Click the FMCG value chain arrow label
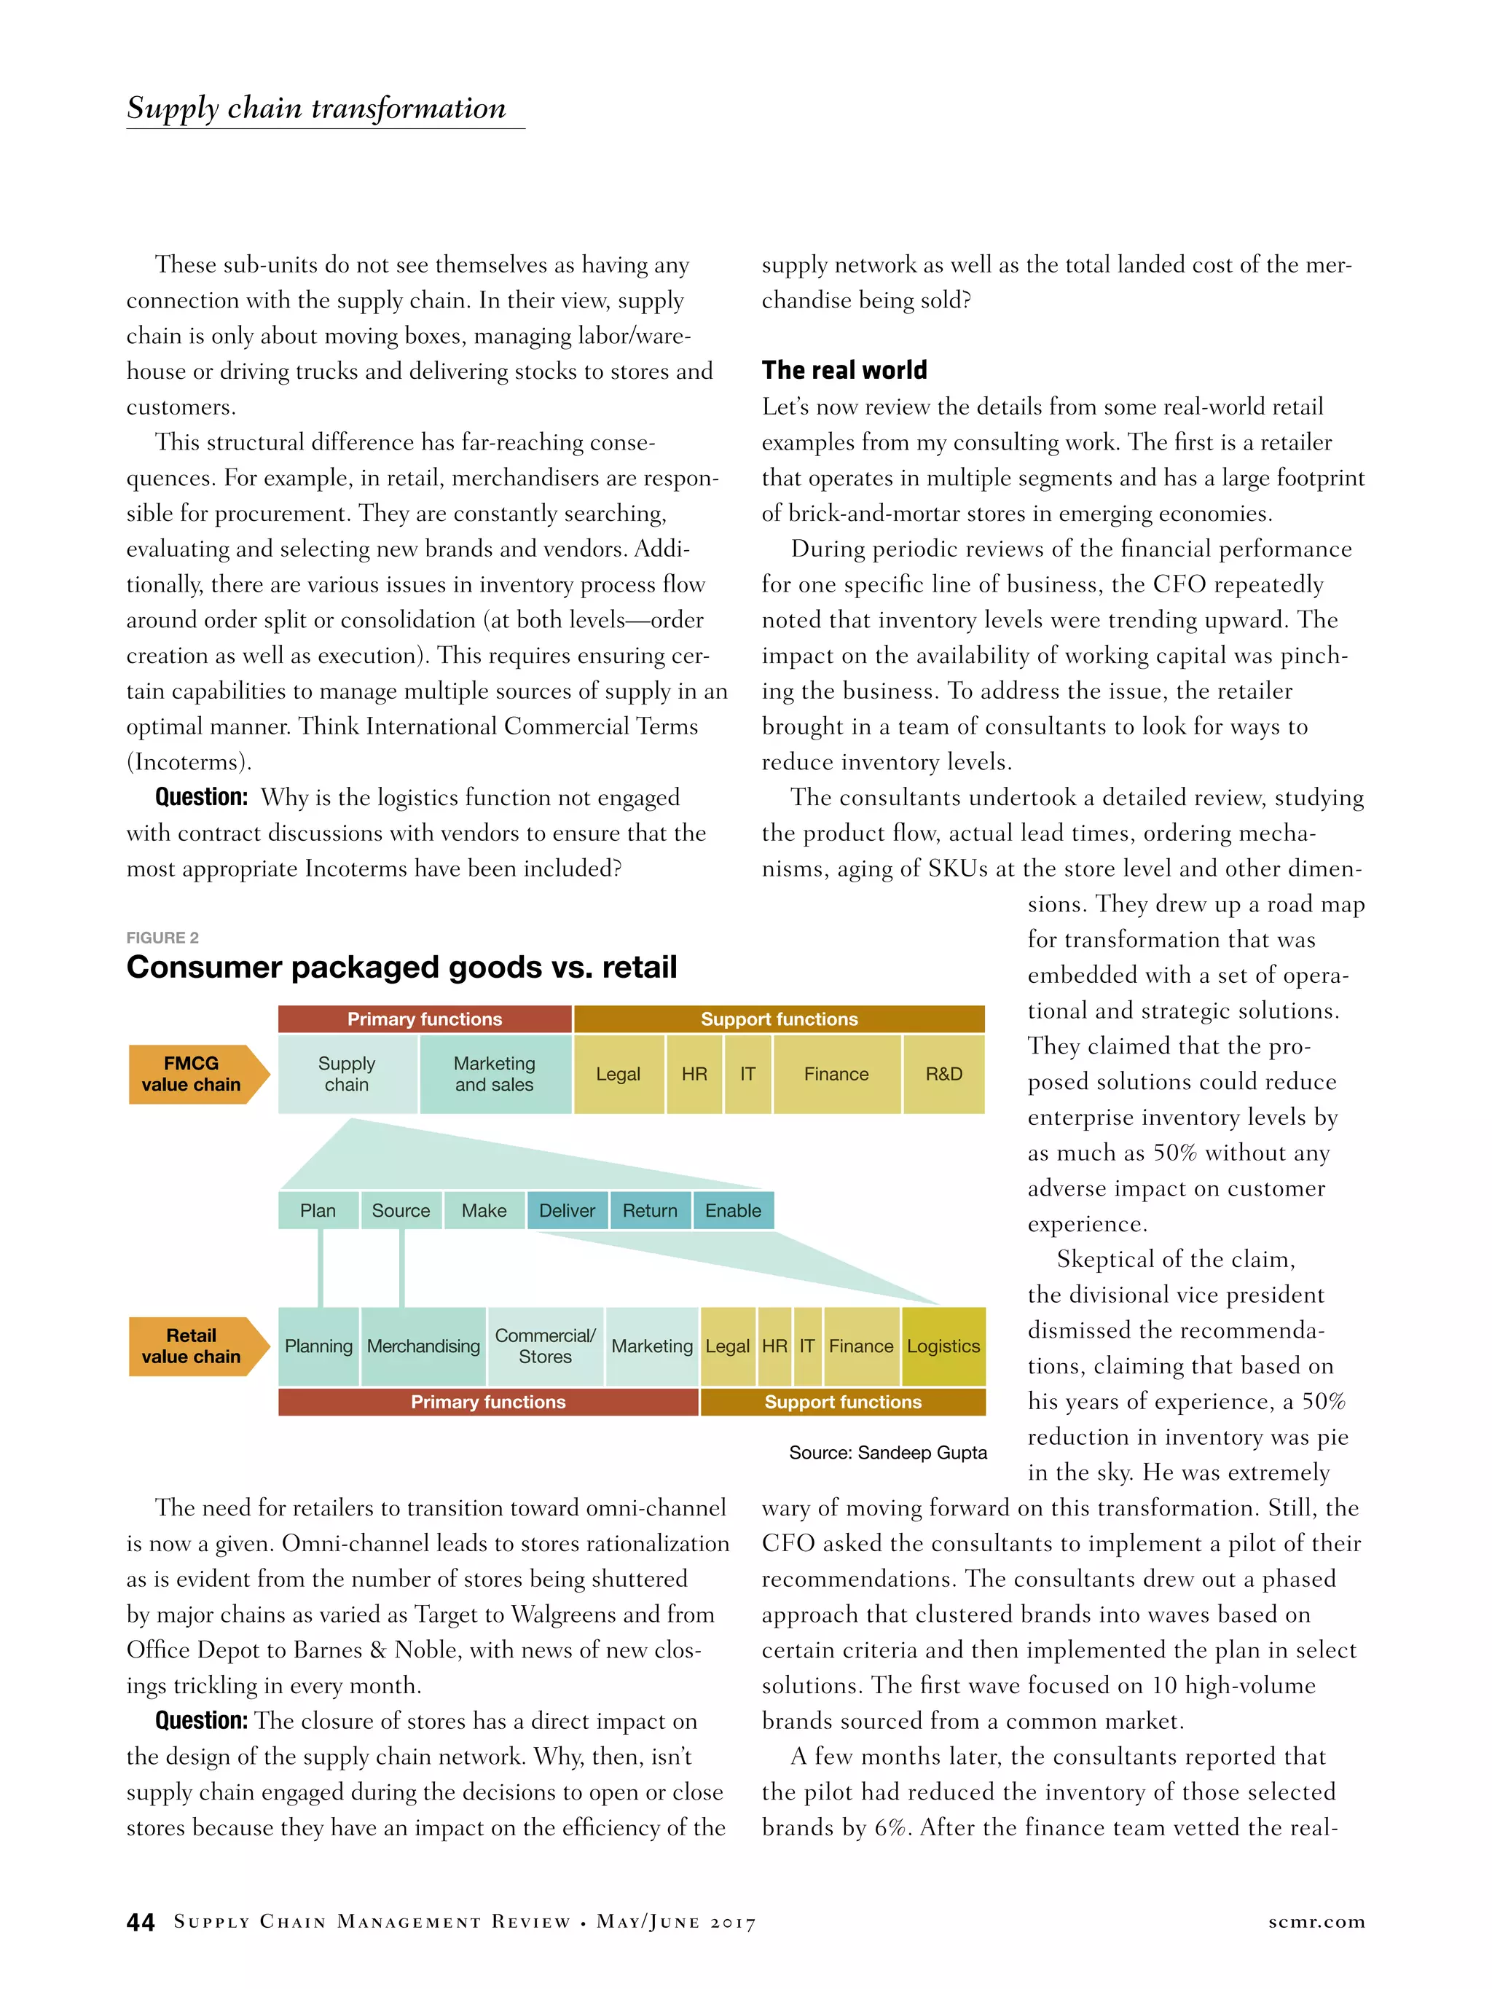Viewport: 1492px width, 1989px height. click(x=192, y=1074)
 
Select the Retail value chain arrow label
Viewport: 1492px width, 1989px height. click(x=192, y=1346)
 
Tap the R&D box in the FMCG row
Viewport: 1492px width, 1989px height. click(x=943, y=1074)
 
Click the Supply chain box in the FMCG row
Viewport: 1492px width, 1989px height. click(x=348, y=1074)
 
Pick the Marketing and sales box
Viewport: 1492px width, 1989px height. click(x=495, y=1074)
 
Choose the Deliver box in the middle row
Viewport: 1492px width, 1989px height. click(x=567, y=1210)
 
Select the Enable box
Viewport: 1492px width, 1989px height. click(x=733, y=1210)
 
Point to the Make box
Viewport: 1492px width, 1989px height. click(x=484, y=1210)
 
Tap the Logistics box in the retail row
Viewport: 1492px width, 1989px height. click(x=943, y=1346)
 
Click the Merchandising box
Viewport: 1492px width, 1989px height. click(x=423, y=1346)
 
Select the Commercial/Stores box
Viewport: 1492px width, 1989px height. click(x=545, y=1346)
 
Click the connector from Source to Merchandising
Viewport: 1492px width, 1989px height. click(x=401, y=1268)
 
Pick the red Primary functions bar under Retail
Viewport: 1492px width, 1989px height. click(x=488, y=1402)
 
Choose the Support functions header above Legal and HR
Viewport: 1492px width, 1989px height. click(x=779, y=1019)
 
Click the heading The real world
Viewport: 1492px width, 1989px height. click(x=844, y=369)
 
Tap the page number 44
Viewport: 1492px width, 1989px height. click(x=141, y=1923)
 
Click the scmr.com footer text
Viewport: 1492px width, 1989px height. click(x=1316, y=1921)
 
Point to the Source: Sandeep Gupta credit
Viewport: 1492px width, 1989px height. click(x=887, y=1452)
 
